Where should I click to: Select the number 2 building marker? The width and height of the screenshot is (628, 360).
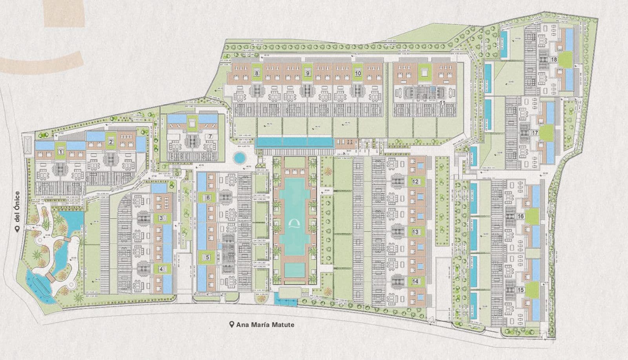(x=111, y=142)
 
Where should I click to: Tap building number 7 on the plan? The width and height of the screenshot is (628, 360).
(x=210, y=136)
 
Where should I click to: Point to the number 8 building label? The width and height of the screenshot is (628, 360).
(x=257, y=73)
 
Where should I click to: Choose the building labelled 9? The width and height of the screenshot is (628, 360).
(x=308, y=73)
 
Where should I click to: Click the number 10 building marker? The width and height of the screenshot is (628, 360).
(x=358, y=73)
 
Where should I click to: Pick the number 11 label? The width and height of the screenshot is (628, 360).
(x=442, y=103)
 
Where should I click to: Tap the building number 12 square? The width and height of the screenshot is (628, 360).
(x=415, y=182)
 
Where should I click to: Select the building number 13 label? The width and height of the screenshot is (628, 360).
(x=415, y=232)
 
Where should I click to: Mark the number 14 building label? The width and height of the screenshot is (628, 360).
(x=415, y=281)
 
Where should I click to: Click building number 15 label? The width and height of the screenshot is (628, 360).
(x=521, y=290)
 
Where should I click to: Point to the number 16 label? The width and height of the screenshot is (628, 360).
(x=521, y=216)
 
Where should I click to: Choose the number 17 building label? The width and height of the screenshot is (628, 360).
(x=535, y=133)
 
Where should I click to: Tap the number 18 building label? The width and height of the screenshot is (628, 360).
(x=554, y=60)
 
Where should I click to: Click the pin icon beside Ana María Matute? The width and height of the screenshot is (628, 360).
(x=232, y=325)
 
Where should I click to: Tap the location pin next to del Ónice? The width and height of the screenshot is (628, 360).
(x=17, y=229)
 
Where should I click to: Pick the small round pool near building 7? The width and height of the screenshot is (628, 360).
(x=238, y=158)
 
